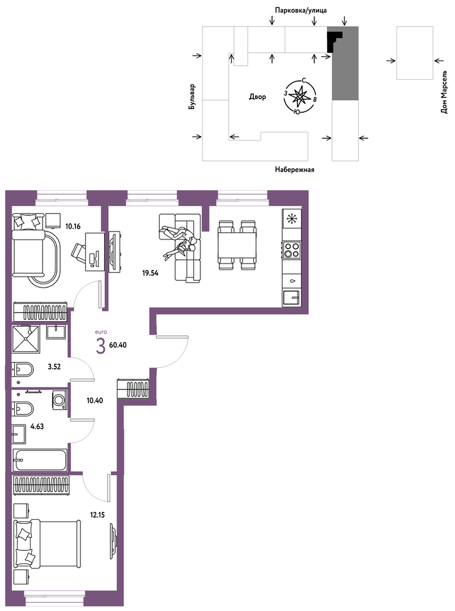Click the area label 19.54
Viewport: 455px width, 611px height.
pos(150,273)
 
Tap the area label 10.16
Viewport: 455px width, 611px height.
pos(73,226)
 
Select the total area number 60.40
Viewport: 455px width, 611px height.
pos(118,345)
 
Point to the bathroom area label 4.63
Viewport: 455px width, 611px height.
pos(37,426)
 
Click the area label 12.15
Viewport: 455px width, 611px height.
pos(97,515)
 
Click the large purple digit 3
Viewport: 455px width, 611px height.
pos(101,347)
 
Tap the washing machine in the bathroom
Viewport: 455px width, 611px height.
pos(59,400)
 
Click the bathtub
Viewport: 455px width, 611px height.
pos(40,460)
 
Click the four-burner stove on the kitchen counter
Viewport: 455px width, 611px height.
pos(292,249)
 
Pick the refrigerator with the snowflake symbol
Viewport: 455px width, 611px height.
pos(292,219)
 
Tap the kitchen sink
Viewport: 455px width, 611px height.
pos(292,298)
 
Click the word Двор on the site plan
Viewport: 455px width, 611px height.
pos(257,97)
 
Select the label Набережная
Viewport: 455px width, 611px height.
pos(295,169)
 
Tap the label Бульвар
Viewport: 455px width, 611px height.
pos(192,97)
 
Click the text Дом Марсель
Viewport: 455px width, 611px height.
pos(444,92)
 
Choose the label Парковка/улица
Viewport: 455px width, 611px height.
pos(301,10)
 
